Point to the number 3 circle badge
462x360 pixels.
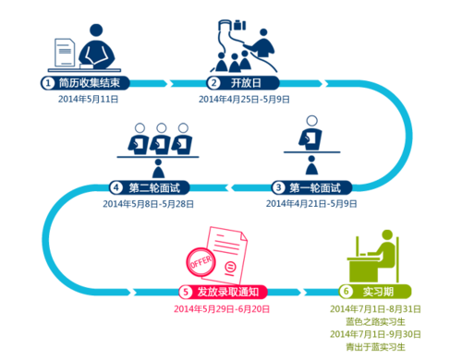pos(278,188)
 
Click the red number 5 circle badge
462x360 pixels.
pos(186,292)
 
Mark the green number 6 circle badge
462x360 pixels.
pos(346,289)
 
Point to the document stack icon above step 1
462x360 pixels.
pos(63,53)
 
